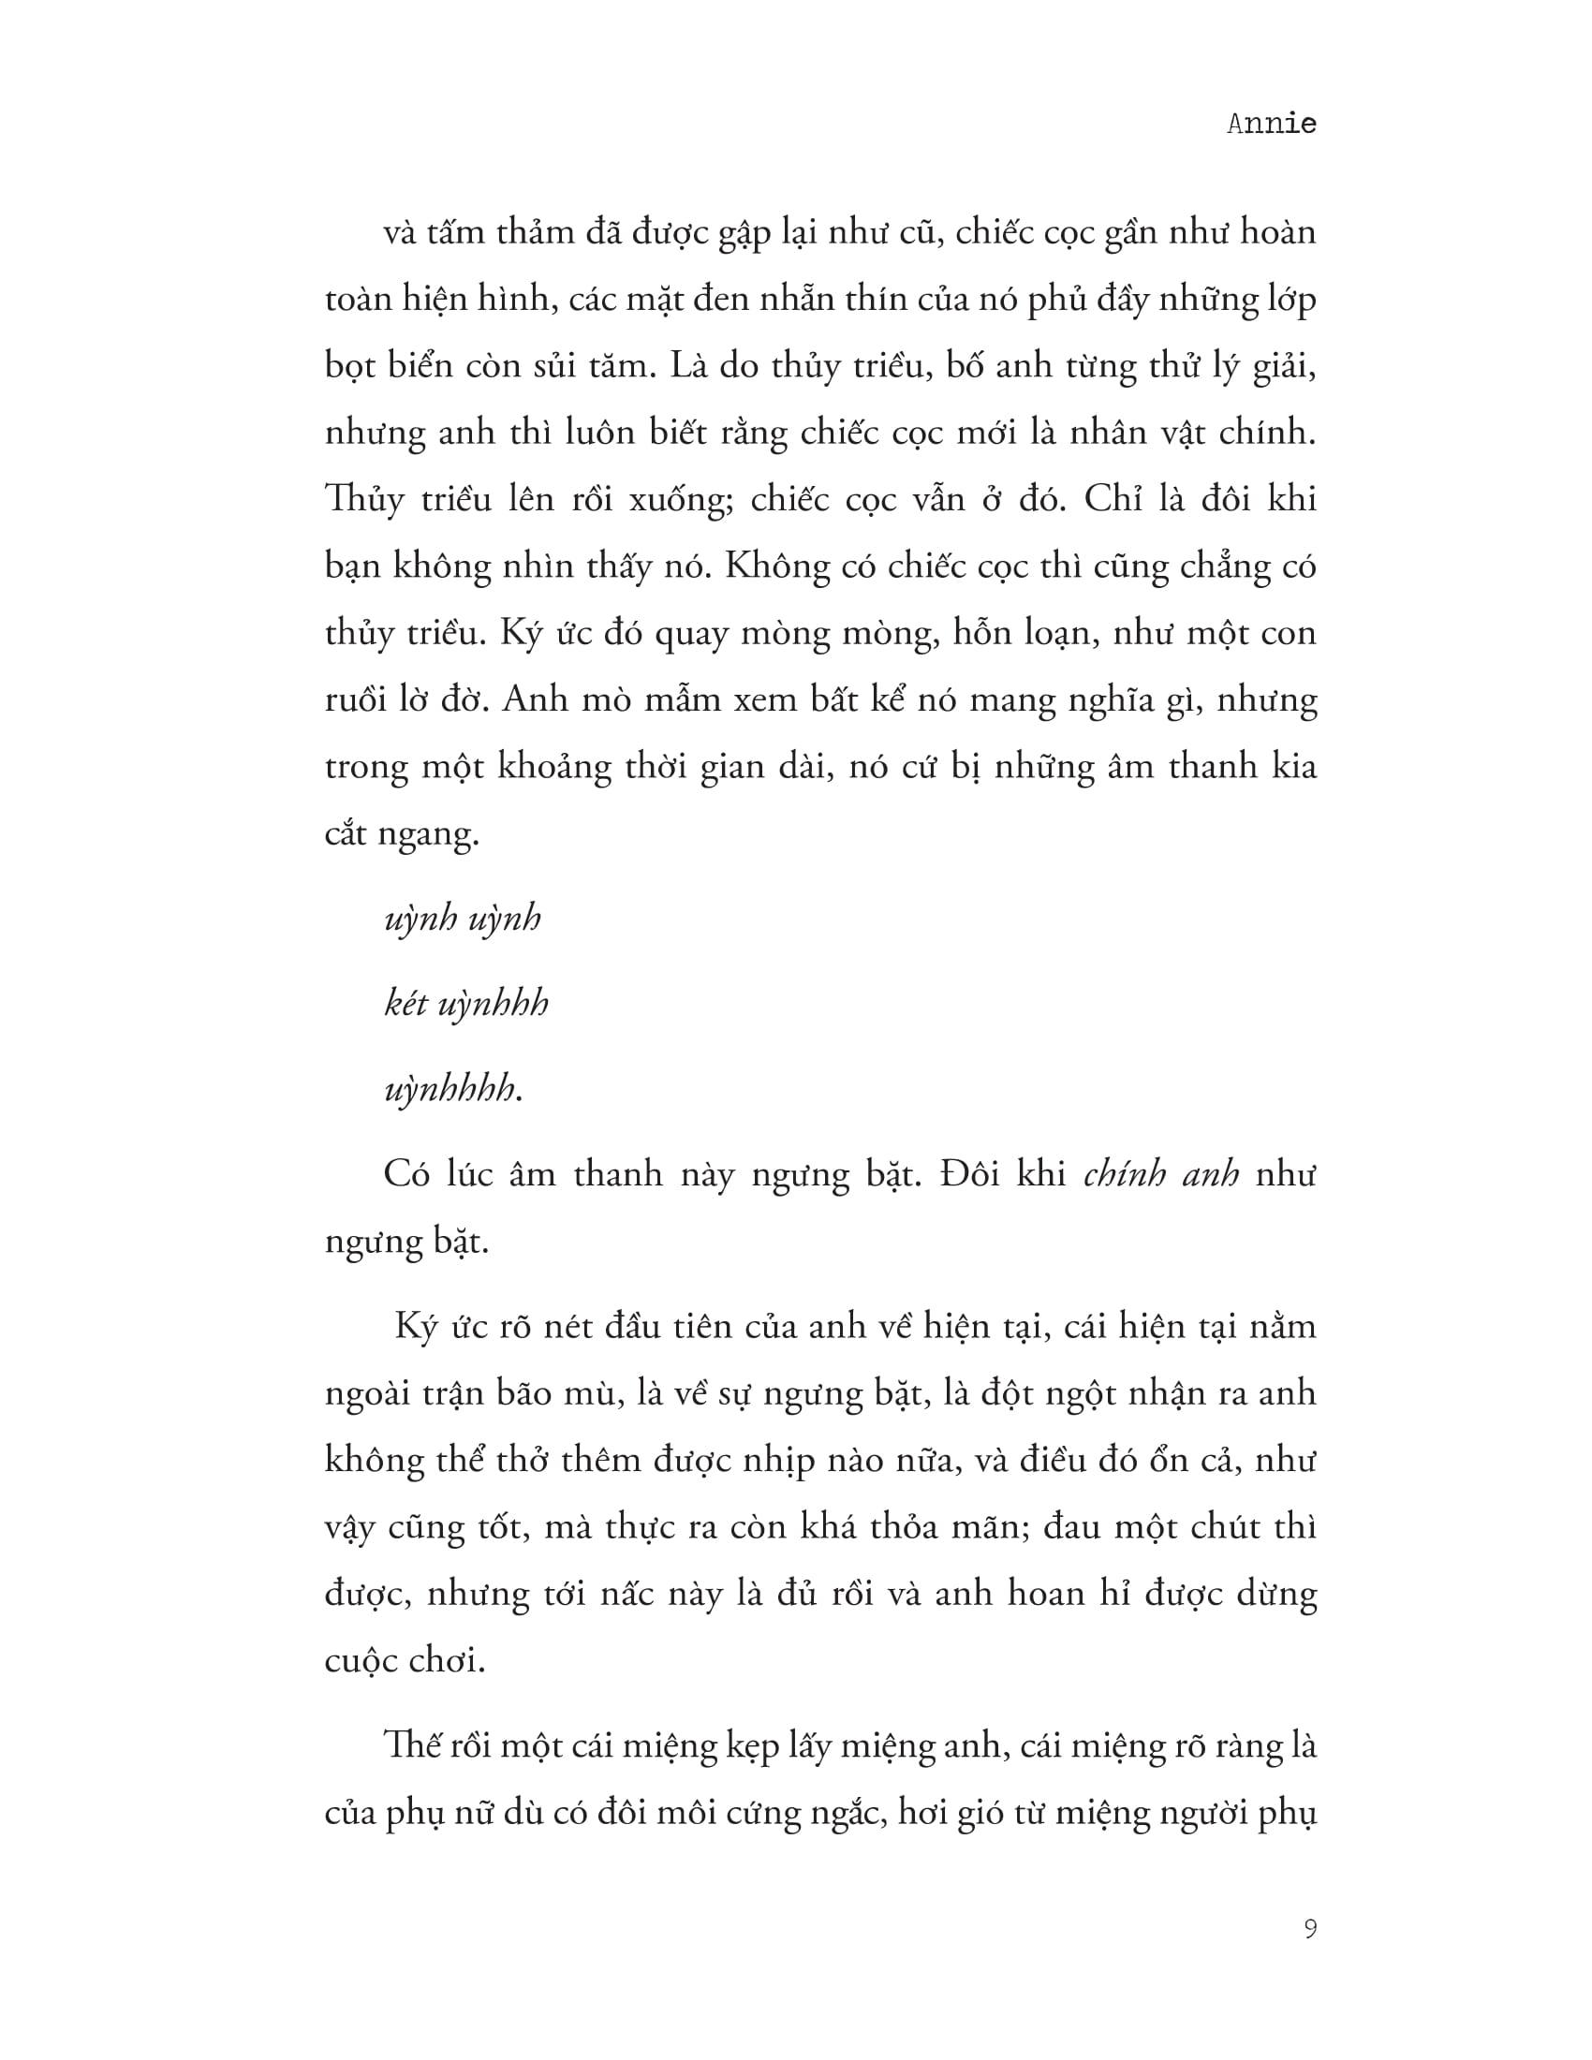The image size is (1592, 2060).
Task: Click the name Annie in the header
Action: click(1271, 124)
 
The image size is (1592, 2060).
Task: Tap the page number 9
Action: click(1310, 1928)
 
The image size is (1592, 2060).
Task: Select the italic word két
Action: click(406, 1004)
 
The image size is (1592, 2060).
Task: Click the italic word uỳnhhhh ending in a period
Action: click(453, 1090)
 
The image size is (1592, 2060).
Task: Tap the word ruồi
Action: click(356, 699)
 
